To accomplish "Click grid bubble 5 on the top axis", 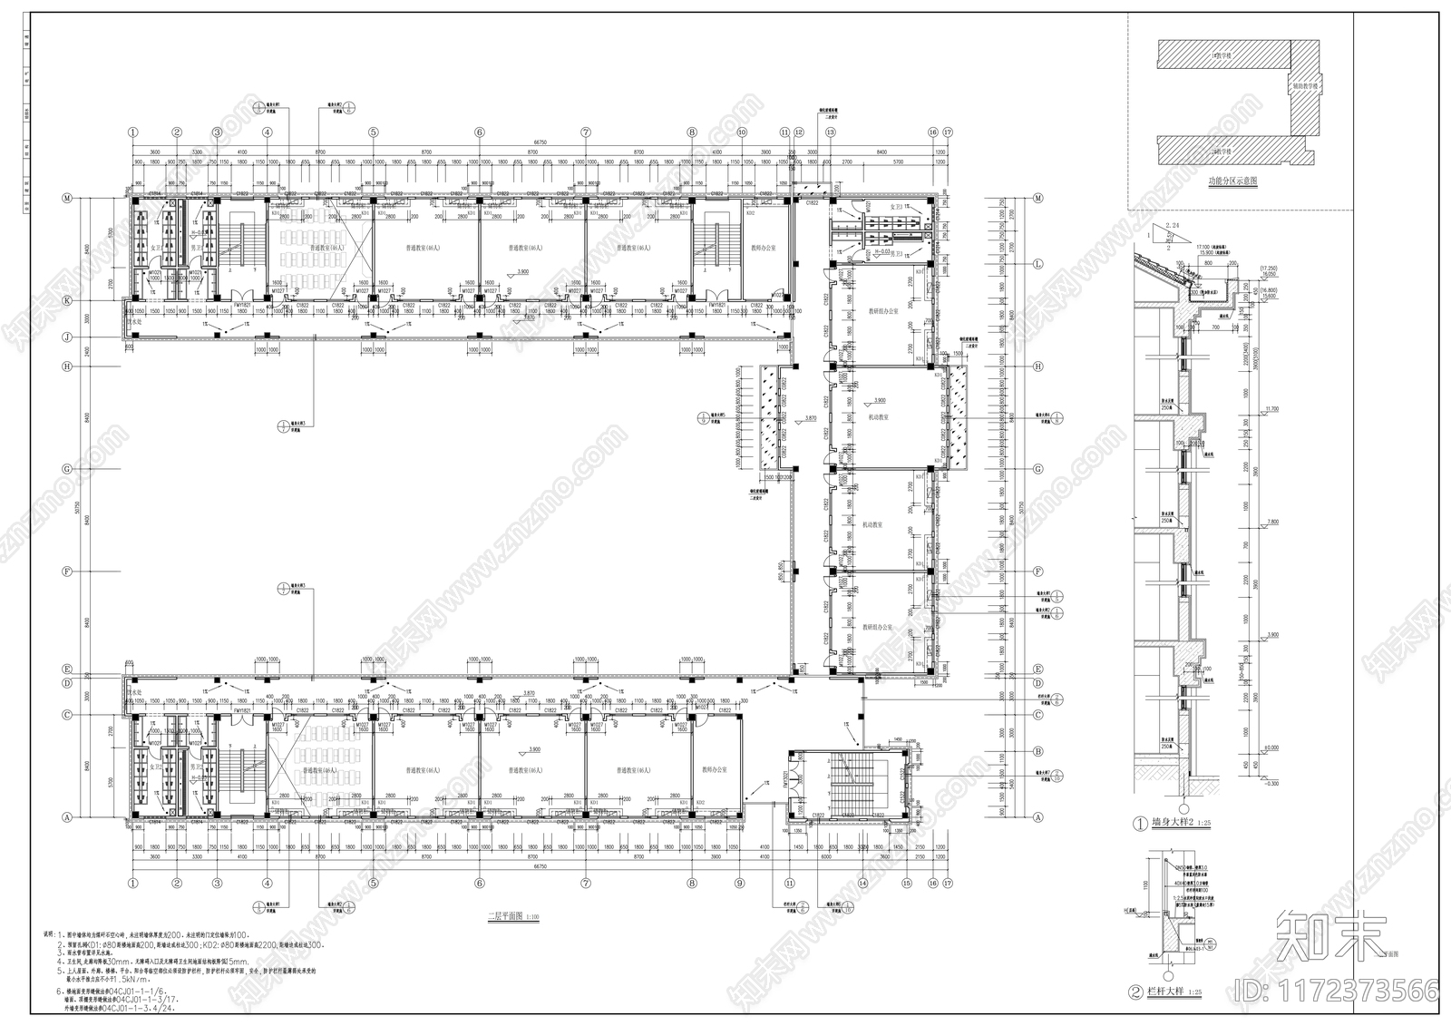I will tap(373, 132).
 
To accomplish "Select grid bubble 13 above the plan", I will tap(830, 132).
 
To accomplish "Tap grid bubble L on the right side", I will tap(1038, 264).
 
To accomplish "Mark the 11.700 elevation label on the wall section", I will tap(1272, 409).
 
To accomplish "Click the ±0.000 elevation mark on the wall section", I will tap(1272, 748).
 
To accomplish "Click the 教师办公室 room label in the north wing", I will tap(764, 247).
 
